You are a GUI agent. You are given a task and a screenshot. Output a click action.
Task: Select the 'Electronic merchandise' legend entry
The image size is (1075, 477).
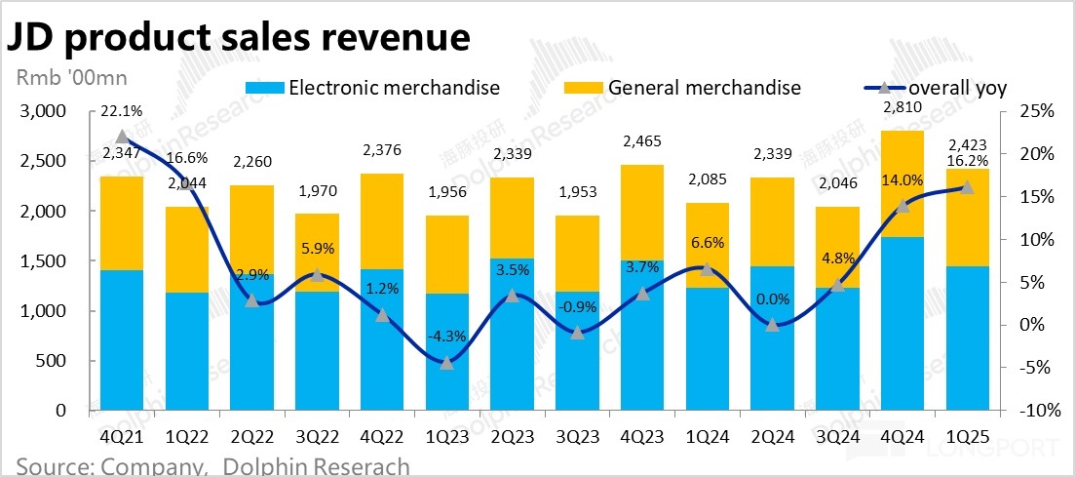point(394,88)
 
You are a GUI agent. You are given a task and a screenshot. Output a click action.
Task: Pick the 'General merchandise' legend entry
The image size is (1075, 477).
point(704,88)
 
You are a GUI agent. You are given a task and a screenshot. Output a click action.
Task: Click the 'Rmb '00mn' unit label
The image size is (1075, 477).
point(72,76)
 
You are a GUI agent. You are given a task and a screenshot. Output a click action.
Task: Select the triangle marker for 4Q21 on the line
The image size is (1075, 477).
point(122,138)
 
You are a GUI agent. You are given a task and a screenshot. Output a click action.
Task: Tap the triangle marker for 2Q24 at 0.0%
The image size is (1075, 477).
point(772,325)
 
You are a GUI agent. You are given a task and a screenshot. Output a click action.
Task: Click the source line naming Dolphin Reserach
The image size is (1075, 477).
point(212,466)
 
